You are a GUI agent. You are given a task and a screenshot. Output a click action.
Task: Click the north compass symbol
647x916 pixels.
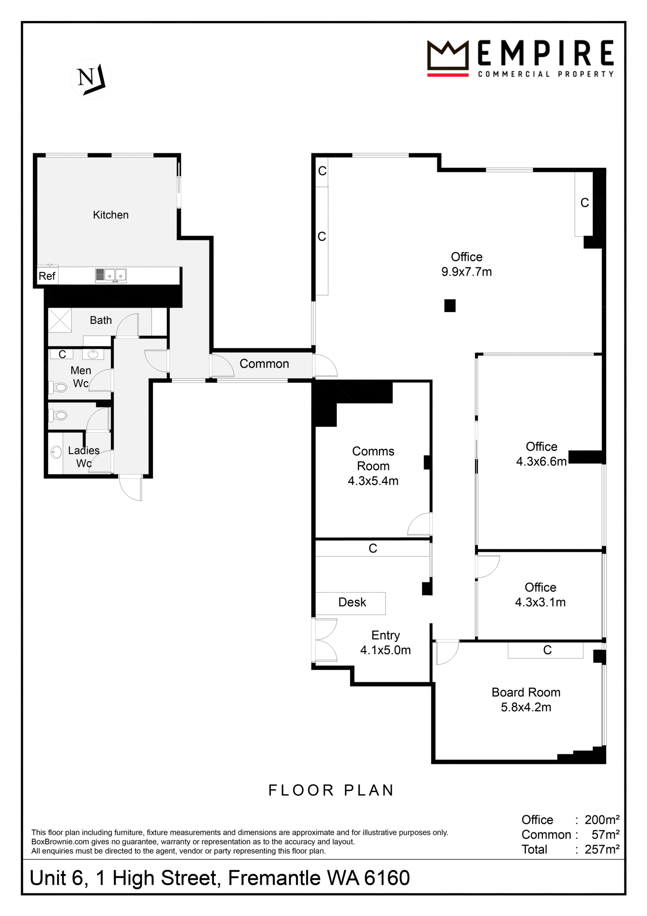[91, 79]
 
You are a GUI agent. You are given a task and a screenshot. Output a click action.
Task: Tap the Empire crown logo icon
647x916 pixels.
[448, 58]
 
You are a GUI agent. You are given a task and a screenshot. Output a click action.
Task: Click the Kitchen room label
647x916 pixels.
[111, 215]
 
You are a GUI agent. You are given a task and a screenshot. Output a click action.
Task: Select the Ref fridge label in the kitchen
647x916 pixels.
[47, 276]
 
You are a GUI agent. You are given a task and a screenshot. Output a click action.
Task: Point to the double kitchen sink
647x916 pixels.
[111, 275]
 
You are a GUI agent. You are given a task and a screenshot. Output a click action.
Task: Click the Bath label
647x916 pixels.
[101, 321]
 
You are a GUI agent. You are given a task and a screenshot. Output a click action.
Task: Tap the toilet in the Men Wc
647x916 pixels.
[58, 387]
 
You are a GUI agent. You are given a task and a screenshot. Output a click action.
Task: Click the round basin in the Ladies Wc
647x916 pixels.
[56, 453]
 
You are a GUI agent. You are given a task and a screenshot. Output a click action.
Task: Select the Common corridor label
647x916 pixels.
[264, 364]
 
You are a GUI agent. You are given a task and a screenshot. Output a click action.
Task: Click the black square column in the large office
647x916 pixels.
[450, 305]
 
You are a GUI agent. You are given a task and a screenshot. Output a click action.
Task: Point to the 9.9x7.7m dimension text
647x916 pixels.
[466, 272]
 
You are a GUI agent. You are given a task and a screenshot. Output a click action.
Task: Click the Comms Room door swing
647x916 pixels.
[420, 524]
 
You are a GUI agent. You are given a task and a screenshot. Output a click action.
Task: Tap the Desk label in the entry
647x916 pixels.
[352, 602]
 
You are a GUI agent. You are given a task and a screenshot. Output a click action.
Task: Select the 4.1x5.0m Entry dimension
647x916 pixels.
[385, 650]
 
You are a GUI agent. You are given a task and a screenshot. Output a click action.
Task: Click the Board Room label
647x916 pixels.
[526, 692]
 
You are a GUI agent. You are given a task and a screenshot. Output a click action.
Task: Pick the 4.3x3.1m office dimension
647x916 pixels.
[540, 602]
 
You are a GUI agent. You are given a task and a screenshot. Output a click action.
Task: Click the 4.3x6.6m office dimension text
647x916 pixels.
[541, 461]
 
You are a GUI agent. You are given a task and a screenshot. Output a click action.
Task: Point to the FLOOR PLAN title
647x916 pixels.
[331, 790]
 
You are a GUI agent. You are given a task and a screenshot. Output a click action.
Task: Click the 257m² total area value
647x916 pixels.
[602, 849]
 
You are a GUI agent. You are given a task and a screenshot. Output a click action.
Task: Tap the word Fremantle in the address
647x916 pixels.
[294, 878]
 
